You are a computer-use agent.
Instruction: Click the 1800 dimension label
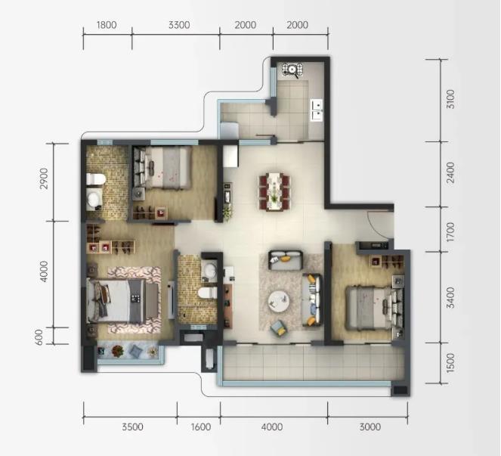click(x=107, y=25)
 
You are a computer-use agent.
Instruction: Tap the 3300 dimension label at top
click(x=179, y=25)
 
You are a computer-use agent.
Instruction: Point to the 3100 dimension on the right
click(x=450, y=100)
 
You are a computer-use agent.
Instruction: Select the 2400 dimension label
click(x=450, y=172)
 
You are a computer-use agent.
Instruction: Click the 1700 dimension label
click(x=450, y=232)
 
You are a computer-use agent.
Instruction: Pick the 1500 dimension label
click(x=450, y=363)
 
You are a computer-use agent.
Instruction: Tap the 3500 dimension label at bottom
click(x=132, y=427)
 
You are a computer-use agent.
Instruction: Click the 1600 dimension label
click(x=201, y=427)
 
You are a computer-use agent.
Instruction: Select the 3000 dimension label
click(x=370, y=427)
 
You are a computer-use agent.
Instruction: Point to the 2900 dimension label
click(x=44, y=178)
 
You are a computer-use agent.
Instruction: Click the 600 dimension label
click(x=39, y=337)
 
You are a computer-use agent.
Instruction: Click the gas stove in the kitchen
click(x=292, y=70)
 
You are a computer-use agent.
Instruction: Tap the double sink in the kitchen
click(x=317, y=110)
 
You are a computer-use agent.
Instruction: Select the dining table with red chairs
click(x=274, y=191)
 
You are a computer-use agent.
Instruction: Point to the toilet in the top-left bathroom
click(x=96, y=179)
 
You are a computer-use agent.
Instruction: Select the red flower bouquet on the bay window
click(x=118, y=351)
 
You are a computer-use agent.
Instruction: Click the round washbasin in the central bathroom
click(x=209, y=271)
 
